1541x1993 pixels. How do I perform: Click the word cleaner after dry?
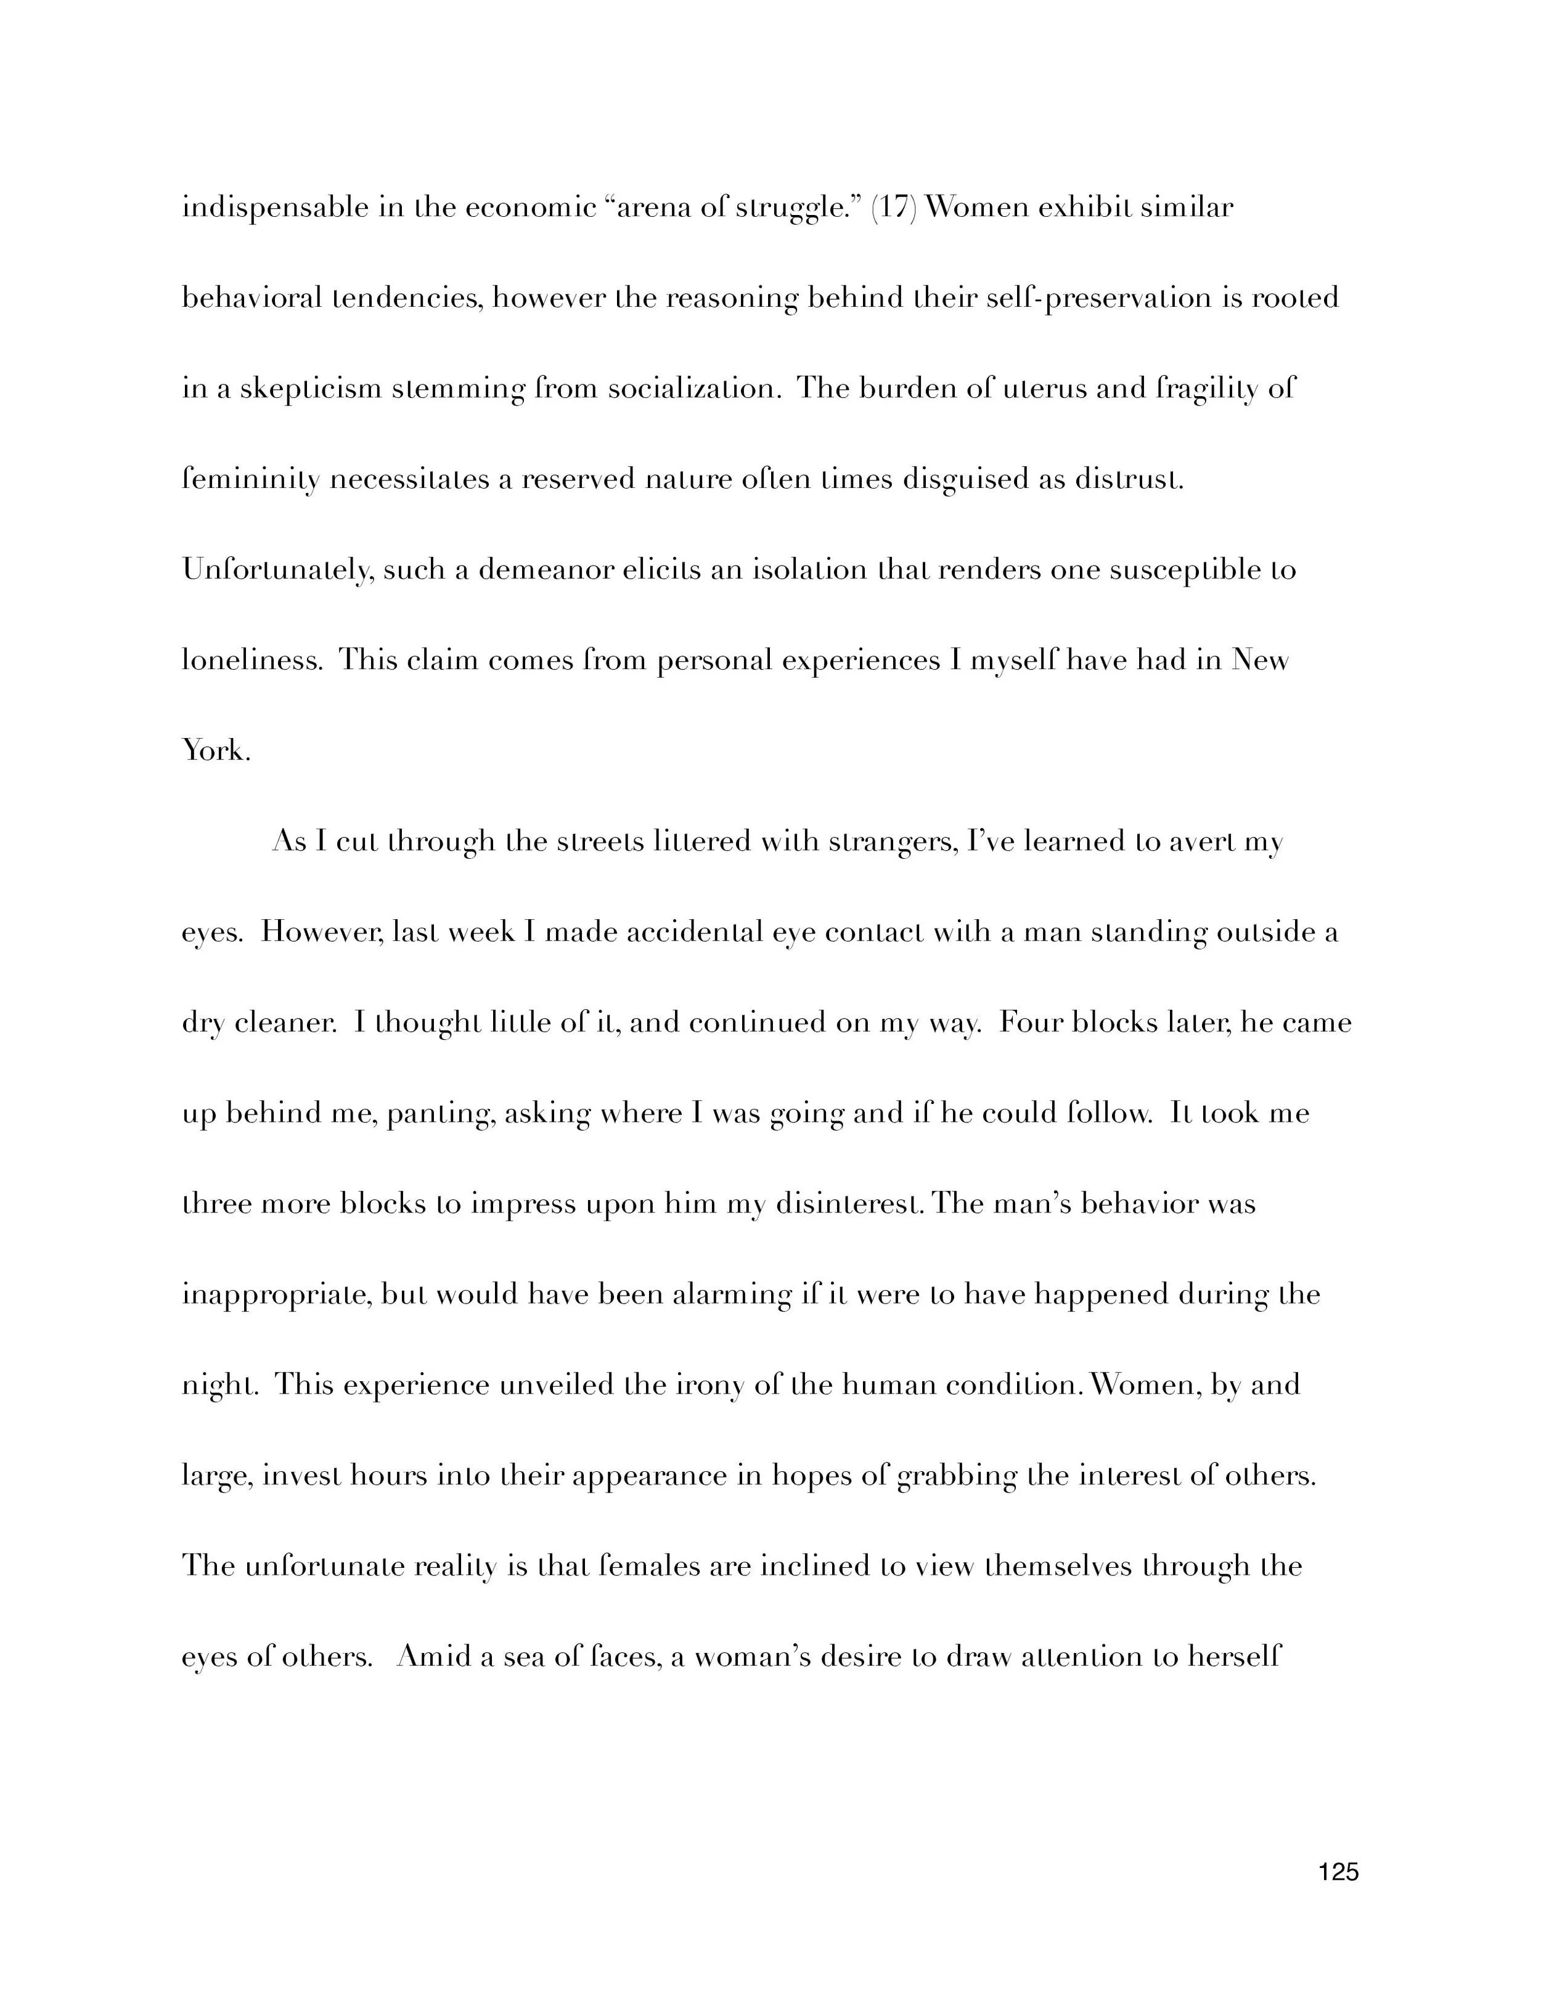click(x=285, y=1023)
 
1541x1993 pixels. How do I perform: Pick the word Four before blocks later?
click(x=1031, y=1022)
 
